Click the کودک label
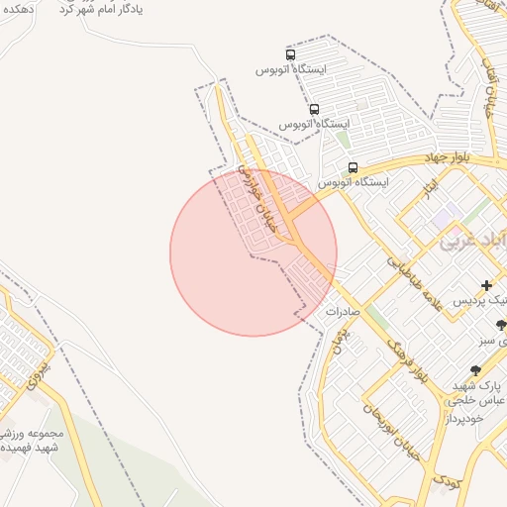point(447,481)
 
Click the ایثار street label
point(429,186)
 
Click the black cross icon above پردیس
point(485,285)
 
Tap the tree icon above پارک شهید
point(476,369)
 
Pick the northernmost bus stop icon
point(290,55)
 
